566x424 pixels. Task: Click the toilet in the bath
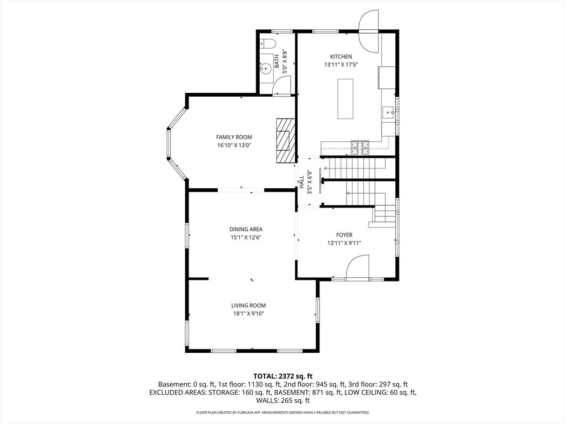point(268,43)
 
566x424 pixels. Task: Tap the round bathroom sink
point(266,68)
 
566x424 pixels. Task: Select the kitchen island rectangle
point(345,99)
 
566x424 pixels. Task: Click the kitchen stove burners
point(360,147)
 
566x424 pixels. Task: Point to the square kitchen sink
point(389,112)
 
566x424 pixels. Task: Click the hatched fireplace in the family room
point(286,141)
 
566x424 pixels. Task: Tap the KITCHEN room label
point(341,57)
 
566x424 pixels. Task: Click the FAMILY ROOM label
point(234,137)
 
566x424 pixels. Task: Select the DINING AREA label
point(246,229)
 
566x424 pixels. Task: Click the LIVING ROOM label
point(248,305)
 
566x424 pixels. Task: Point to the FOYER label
point(344,235)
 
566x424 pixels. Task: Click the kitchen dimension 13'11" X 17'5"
point(341,65)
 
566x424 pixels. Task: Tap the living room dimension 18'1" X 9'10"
point(248,314)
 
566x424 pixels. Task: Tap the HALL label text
point(301,182)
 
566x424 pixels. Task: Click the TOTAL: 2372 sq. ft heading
point(283,377)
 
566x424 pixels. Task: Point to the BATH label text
point(276,61)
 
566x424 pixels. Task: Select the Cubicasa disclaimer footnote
point(283,412)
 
